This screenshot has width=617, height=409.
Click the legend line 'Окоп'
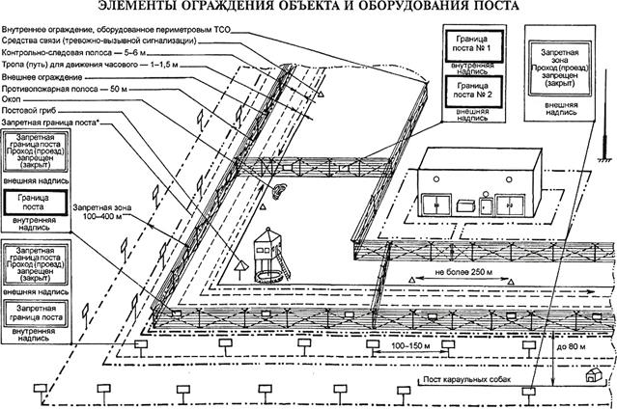(12, 100)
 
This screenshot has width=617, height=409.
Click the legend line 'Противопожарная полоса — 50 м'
(67, 88)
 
